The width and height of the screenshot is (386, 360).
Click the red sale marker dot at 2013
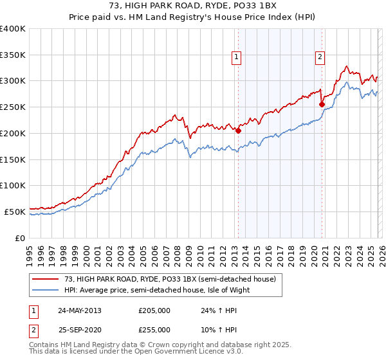click(238, 130)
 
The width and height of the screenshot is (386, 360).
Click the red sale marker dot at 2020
click(322, 104)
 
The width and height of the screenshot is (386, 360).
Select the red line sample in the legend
click(47, 279)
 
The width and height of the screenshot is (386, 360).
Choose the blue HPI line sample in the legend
click(47, 290)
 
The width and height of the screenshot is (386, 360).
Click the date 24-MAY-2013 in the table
click(80, 310)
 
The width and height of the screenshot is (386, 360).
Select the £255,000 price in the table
click(154, 329)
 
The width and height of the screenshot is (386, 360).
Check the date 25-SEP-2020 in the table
click(80, 329)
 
